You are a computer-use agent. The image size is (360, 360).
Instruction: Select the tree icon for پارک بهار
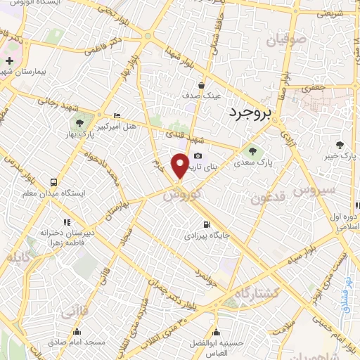click(89, 117)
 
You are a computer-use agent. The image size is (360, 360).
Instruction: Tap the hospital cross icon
click(9, 62)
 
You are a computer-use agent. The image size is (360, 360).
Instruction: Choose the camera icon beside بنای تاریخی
click(198, 155)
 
